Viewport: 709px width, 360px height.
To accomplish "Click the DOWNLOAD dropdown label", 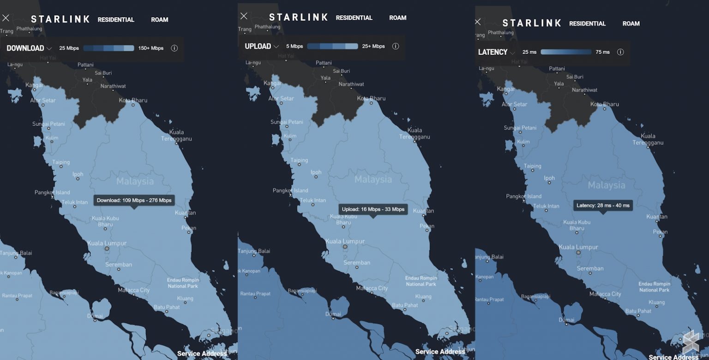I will (25, 48).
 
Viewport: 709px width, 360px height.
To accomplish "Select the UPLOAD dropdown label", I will (258, 46).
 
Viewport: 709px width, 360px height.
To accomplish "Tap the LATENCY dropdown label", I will (493, 52).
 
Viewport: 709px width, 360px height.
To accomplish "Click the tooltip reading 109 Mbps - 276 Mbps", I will (134, 200).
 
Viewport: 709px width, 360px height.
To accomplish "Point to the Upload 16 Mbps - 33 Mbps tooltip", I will (373, 209).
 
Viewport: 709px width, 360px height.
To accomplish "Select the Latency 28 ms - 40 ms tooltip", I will (603, 205).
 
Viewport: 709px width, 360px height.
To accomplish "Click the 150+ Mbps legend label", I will (151, 48).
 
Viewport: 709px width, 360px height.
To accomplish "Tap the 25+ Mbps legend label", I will (373, 46).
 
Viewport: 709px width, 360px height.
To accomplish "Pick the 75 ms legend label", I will (602, 52).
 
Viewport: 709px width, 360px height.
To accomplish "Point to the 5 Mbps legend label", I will (294, 46).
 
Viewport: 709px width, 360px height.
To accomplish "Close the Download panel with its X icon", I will (6, 18).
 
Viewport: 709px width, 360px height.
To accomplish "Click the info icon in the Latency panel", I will (620, 52).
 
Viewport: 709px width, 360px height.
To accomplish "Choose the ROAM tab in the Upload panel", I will (397, 18).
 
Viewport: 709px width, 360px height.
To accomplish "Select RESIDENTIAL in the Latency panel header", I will (587, 24).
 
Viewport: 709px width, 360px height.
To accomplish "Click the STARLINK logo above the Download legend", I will (60, 19).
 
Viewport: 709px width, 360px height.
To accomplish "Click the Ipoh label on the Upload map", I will (316, 173).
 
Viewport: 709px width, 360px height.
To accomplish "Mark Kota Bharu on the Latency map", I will (605, 104).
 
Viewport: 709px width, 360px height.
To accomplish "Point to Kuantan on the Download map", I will (185, 213).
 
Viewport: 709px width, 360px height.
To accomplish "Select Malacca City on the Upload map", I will (372, 288).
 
